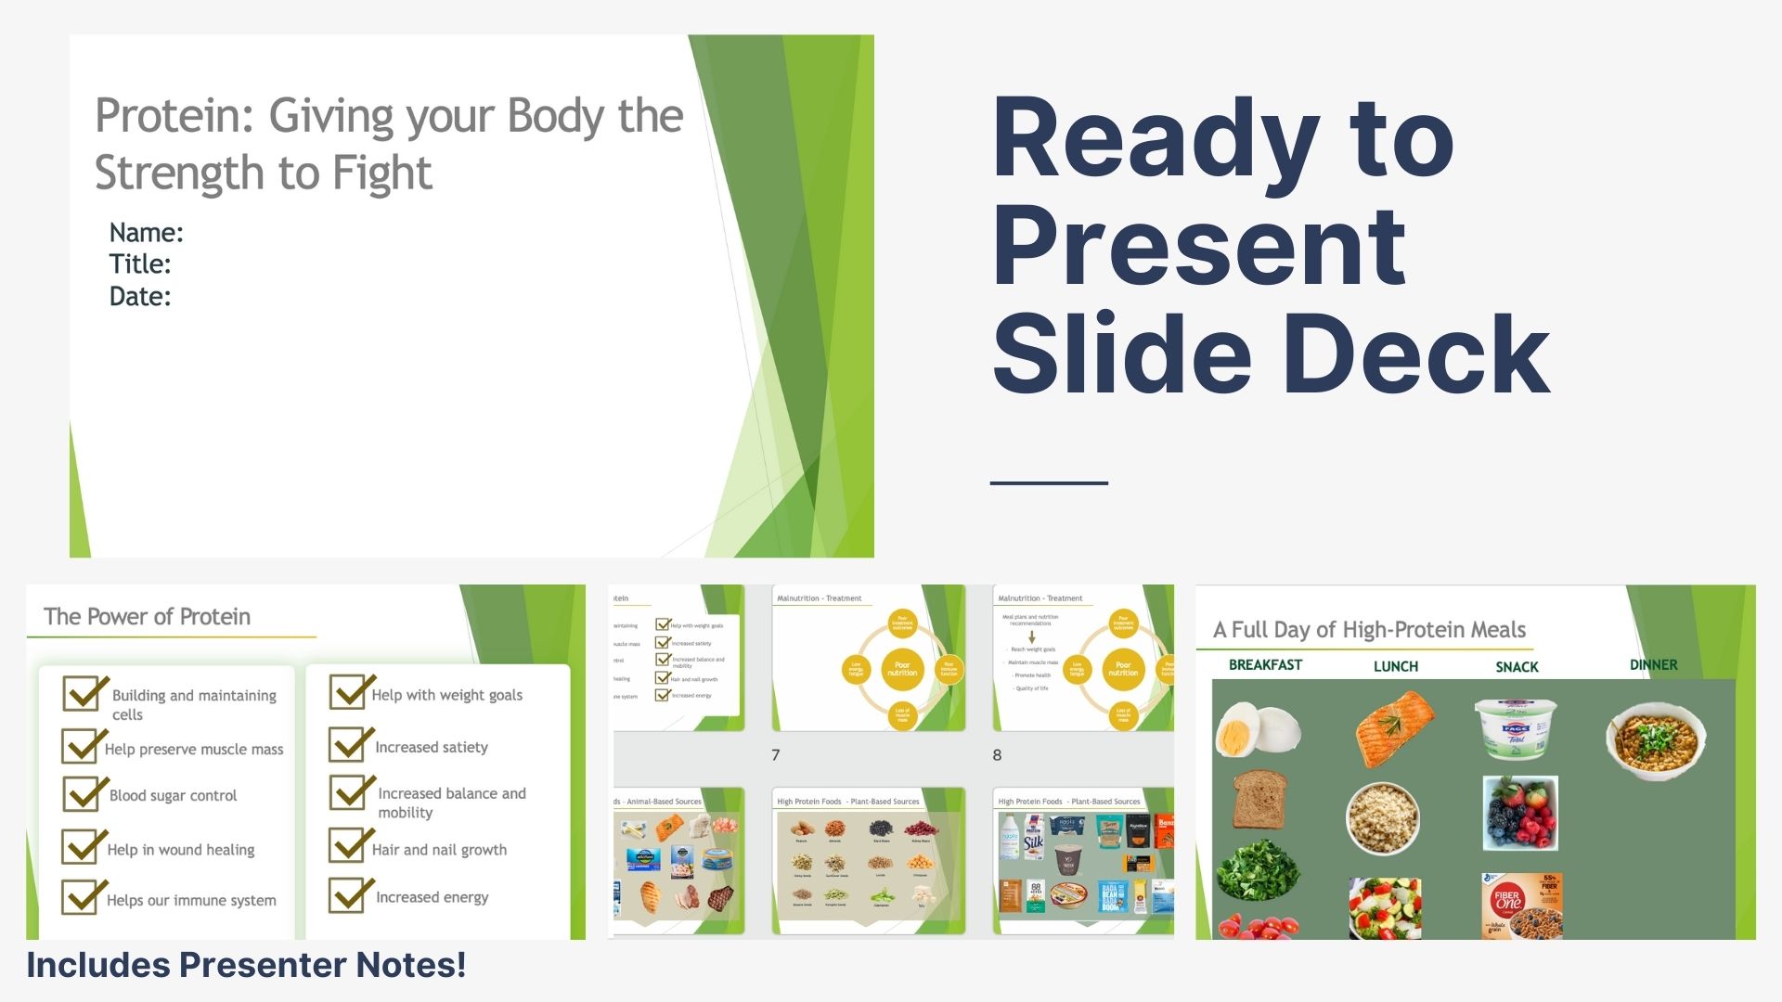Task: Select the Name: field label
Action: coord(146,232)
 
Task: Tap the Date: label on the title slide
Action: coord(140,296)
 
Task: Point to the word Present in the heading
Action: coord(1199,247)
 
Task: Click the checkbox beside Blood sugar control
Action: coord(82,794)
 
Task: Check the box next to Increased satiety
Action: coord(349,745)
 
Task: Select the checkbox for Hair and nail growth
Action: coord(349,846)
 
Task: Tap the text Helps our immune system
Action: coord(191,900)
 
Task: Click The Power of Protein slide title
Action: coord(147,617)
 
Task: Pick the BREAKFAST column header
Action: coord(1265,665)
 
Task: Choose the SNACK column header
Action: coord(1517,667)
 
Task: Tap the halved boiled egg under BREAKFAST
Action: coord(1258,729)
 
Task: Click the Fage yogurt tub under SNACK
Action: coord(1516,727)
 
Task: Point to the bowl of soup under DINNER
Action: coord(1656,739)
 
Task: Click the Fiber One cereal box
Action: coord(1521,905)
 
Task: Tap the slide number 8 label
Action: coord(997,755)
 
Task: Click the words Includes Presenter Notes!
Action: coord(246,965)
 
